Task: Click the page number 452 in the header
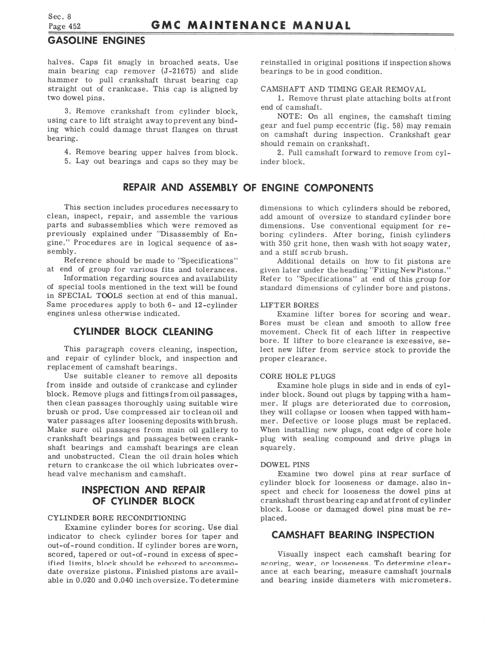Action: (74, 27)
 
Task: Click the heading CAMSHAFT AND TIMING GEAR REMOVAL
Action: (343, 89)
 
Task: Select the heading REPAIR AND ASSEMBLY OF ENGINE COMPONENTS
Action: (248, 188)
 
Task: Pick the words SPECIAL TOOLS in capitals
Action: (90, 296)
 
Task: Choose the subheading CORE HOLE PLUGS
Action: (298, 377)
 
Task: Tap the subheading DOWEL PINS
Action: (285, 465)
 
